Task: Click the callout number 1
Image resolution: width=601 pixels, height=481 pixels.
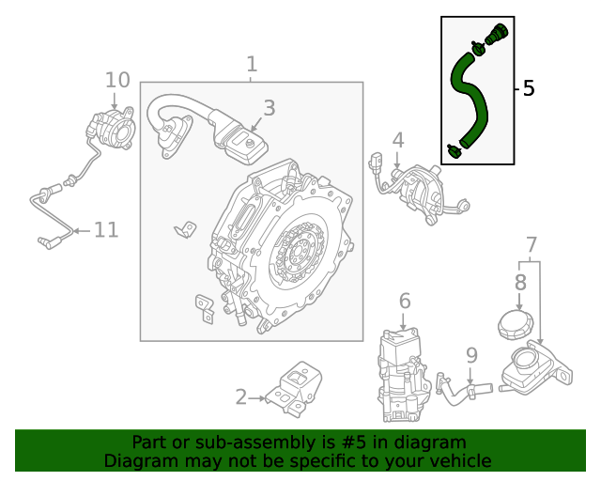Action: (x=252, y=64)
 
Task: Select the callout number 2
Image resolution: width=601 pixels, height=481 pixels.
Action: (x=241, y=397)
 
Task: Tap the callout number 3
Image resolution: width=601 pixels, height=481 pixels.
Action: (x=269, y=108)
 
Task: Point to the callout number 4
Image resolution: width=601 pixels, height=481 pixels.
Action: (x=398, y=140)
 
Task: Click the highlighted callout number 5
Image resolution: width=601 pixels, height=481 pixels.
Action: (x=528, y=88)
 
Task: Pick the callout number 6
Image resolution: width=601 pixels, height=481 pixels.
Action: (x=405, y=301)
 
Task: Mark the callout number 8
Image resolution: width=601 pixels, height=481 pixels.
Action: (x=520, y=281)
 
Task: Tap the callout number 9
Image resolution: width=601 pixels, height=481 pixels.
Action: (x=471, y=355)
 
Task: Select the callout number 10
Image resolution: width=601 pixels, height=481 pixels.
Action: (x=117, y=80)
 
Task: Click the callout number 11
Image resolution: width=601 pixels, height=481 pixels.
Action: (x=106, y=229)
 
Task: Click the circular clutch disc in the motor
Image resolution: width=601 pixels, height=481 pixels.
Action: (x=299, y=252)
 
